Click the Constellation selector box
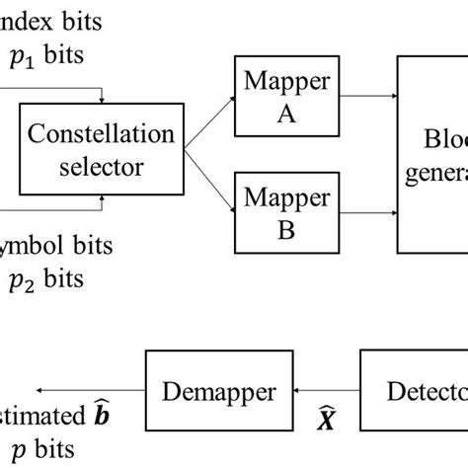[x=100, y=151]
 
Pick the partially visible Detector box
[x=415, y=391]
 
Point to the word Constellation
[x=100, y=135]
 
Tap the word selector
[x=100, y=167]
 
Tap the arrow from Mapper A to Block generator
[x=364, y=97]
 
